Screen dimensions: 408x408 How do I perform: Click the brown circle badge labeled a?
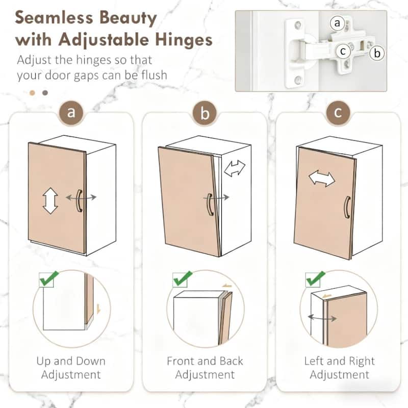point(71,113)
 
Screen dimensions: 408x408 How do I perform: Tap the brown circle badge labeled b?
point(205,113)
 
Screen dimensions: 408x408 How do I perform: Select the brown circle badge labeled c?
point(338,113)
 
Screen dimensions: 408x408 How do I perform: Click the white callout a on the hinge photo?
point(338,23)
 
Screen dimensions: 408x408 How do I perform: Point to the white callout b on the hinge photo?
point(377,53)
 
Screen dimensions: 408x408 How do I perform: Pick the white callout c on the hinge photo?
point(343,52)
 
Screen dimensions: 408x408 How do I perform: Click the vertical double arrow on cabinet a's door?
point(50,201)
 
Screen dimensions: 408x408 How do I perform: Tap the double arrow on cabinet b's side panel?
point(235,168)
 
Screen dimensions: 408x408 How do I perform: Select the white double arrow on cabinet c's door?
point(322,178)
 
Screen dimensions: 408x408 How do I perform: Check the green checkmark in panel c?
point(316,278)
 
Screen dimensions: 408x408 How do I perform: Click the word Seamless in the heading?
point(54,18)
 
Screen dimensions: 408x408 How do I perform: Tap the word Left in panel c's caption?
point(314,361)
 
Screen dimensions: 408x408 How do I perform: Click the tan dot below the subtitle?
point(32,93)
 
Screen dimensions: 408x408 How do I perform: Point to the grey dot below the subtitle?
point(45,93)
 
